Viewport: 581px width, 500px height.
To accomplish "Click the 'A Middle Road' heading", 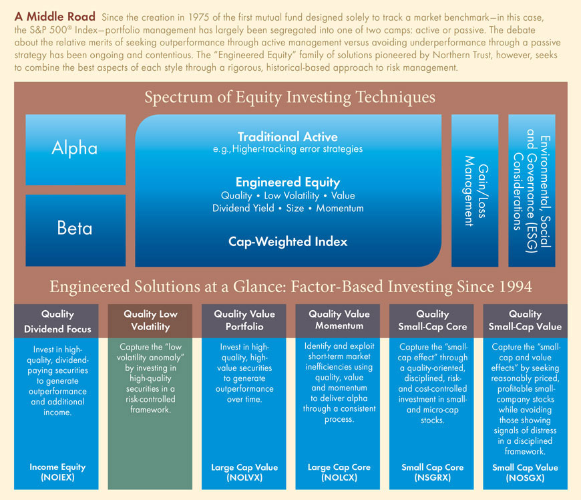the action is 55,16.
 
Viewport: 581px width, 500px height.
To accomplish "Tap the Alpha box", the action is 75,150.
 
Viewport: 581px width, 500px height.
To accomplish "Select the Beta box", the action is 75,231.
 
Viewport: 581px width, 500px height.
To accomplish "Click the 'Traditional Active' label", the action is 288,137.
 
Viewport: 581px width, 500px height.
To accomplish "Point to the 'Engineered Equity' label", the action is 288,182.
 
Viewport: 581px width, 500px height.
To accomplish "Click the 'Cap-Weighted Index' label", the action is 288,241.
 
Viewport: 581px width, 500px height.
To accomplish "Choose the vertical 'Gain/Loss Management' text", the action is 475,191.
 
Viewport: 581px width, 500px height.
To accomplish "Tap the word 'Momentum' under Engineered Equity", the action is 340,208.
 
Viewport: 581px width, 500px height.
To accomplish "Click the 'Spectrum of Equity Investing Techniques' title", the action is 290,97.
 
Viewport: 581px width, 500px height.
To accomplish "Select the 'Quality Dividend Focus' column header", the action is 58,322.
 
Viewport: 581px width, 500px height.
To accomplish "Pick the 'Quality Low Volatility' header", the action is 150,320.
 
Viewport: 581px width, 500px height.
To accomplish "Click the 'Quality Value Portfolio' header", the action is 244,320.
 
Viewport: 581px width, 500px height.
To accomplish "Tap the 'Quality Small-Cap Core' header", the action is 433,320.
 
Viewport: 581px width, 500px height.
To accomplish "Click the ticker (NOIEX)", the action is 58,477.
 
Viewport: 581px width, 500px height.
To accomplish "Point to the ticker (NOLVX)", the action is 244,477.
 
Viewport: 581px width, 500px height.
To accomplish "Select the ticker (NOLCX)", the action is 339,477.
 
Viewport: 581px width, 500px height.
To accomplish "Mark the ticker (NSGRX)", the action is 433,477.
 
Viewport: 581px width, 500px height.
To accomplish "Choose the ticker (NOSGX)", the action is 525,478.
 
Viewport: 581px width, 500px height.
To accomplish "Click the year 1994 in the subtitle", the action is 516,287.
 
